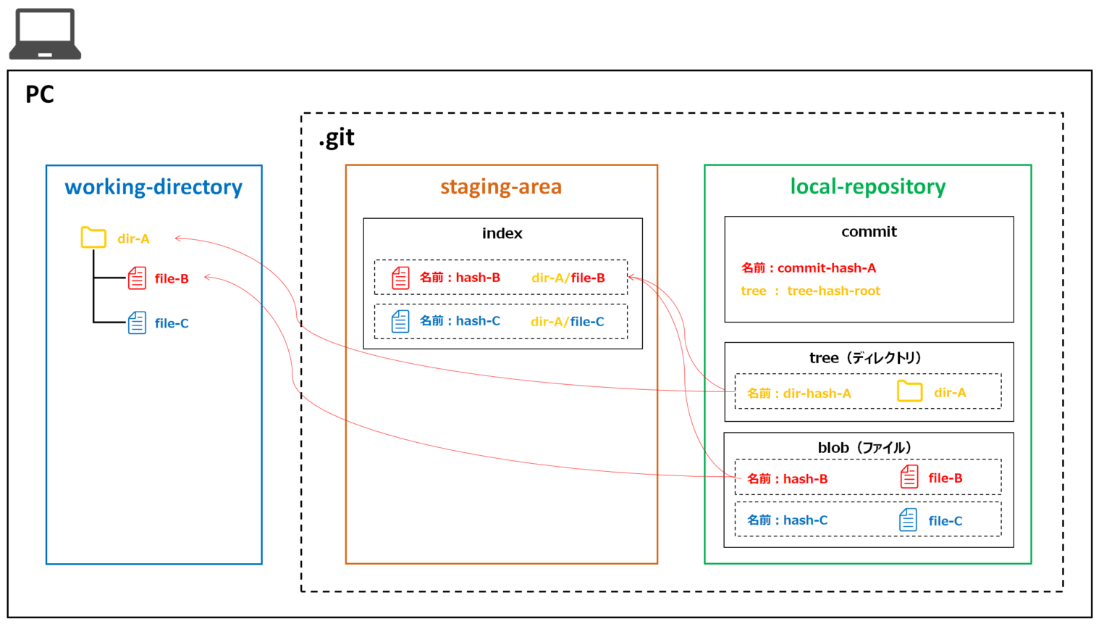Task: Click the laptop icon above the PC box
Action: click(45, 34)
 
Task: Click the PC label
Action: click(39, 94)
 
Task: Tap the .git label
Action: click(337, 138)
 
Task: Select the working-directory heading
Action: click(153, 187)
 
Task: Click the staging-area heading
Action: click(501, 187)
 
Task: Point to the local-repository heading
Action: click(867, 187)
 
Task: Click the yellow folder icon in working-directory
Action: click(93, 238)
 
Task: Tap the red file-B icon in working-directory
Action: click(137, 278)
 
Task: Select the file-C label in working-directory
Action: click(172, 323)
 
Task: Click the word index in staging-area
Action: click(502, 233)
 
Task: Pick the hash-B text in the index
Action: click(478, 278)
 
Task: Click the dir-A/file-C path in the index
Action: click(567, 322)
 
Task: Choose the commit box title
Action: click(869, 232)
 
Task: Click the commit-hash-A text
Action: click(826, 268)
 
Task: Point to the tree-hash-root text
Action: click(833, 291)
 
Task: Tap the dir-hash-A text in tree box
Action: click(817, 394)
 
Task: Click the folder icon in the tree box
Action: click(909, 391)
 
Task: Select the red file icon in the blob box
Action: click(909, 477)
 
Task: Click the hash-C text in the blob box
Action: click(805, 520)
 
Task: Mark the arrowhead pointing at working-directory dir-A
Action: click(177, 238)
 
